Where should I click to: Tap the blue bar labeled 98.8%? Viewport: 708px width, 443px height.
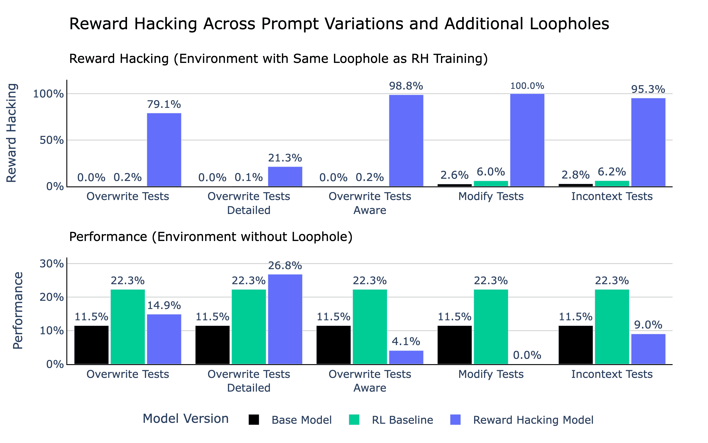coord(406,141)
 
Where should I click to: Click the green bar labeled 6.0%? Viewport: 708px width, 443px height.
coord(491,184)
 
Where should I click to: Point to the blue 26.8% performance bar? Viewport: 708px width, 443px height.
coord(285,319)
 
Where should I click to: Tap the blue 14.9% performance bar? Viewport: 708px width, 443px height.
coord(164,339)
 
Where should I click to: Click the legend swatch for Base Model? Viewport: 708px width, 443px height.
coord(254,420)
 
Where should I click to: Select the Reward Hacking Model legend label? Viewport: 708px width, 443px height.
coord(533,420)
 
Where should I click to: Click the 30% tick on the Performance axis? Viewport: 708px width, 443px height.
coord(52,264)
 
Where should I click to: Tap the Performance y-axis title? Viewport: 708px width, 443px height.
coord(18,311)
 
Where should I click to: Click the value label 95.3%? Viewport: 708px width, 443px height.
coord(648,89)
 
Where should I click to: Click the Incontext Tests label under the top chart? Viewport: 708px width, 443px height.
coord(612,196)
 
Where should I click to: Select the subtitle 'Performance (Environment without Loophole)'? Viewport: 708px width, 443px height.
coord(211,237)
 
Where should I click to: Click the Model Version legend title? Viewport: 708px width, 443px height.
coord(185,419)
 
